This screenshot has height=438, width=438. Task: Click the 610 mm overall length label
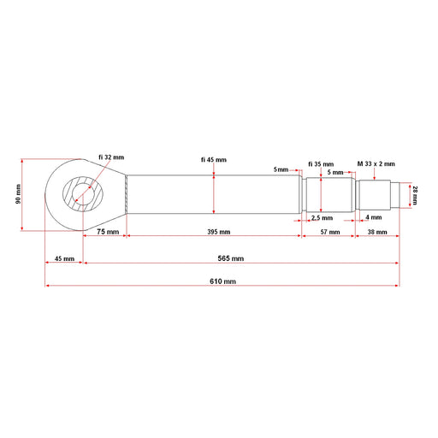pos(222,281)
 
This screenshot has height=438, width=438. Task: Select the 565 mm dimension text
pos(231,258)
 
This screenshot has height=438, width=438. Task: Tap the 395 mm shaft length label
pos(219,232)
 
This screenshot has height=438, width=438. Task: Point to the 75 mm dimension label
pos(108,232)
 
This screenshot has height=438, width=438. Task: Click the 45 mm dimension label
pos(64,258)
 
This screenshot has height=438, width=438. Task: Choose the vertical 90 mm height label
pos(18,194)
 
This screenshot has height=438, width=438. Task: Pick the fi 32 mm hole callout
pos(111,157)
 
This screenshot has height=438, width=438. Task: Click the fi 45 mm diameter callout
pos(214,160)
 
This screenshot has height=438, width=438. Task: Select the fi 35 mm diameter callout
pos(321,164)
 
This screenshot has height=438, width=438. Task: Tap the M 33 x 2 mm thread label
pos(376,163)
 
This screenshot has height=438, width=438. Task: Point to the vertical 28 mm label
pos(415,195)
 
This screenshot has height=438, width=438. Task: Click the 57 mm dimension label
pos(330,232)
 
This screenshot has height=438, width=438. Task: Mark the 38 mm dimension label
pos(377,232)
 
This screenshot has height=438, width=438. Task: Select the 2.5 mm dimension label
pos(322,218)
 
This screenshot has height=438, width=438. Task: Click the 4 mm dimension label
pos(374,217)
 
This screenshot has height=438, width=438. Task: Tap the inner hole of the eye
pos(83,194)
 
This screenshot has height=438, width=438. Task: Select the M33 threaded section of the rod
pos(373,195)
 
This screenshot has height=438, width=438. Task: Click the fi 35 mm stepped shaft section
pos(329,195)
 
